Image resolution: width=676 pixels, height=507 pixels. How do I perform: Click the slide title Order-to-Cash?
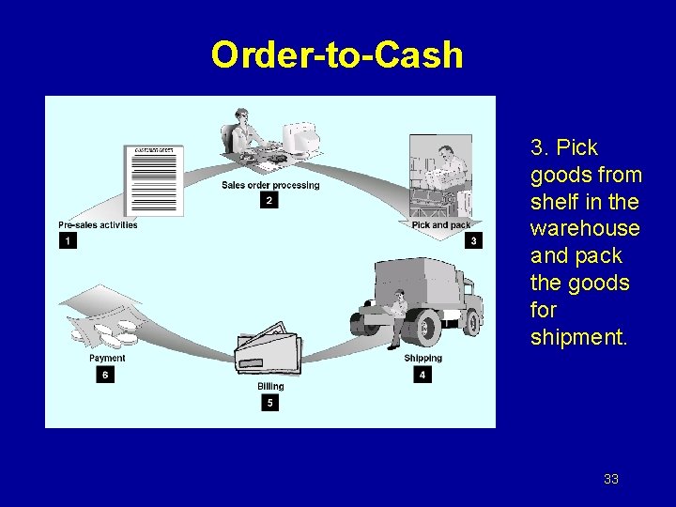click(x=337, y=55)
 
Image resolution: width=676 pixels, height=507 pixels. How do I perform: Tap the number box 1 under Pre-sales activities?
click(x=68, y=241)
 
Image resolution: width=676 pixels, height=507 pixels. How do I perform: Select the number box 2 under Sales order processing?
click(x=269, y=200)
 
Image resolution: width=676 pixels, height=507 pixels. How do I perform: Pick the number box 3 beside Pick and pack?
click(x=474, y=241)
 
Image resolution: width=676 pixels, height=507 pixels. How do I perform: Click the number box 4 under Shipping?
click(x=422, y=375)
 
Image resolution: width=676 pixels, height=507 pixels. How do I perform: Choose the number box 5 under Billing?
click(x=270, y=403)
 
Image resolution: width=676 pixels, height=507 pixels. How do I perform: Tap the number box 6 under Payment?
click(x=105, y=375)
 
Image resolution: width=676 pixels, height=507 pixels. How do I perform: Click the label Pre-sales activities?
click(x=98, y=225)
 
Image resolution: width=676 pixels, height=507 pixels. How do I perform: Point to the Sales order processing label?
click(x=270, y=185)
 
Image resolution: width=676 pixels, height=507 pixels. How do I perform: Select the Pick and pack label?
click(x=441, y=225)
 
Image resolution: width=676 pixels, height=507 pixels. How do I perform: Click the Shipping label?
click(x=422, y=359)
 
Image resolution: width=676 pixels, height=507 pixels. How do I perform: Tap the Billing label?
click(x=270, y=387)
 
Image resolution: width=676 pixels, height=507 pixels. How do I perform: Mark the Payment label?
click(x=106, y=359)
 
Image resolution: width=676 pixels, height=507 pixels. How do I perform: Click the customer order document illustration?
click(x=155, y=180)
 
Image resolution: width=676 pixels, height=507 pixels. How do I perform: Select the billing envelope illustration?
click(x=269, y=352)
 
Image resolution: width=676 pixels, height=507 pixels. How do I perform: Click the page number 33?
click(x=611, y=479)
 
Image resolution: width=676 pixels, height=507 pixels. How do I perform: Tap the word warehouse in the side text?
click(x=584, y=228)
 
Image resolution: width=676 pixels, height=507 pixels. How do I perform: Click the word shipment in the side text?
click(x=578, y=336)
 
